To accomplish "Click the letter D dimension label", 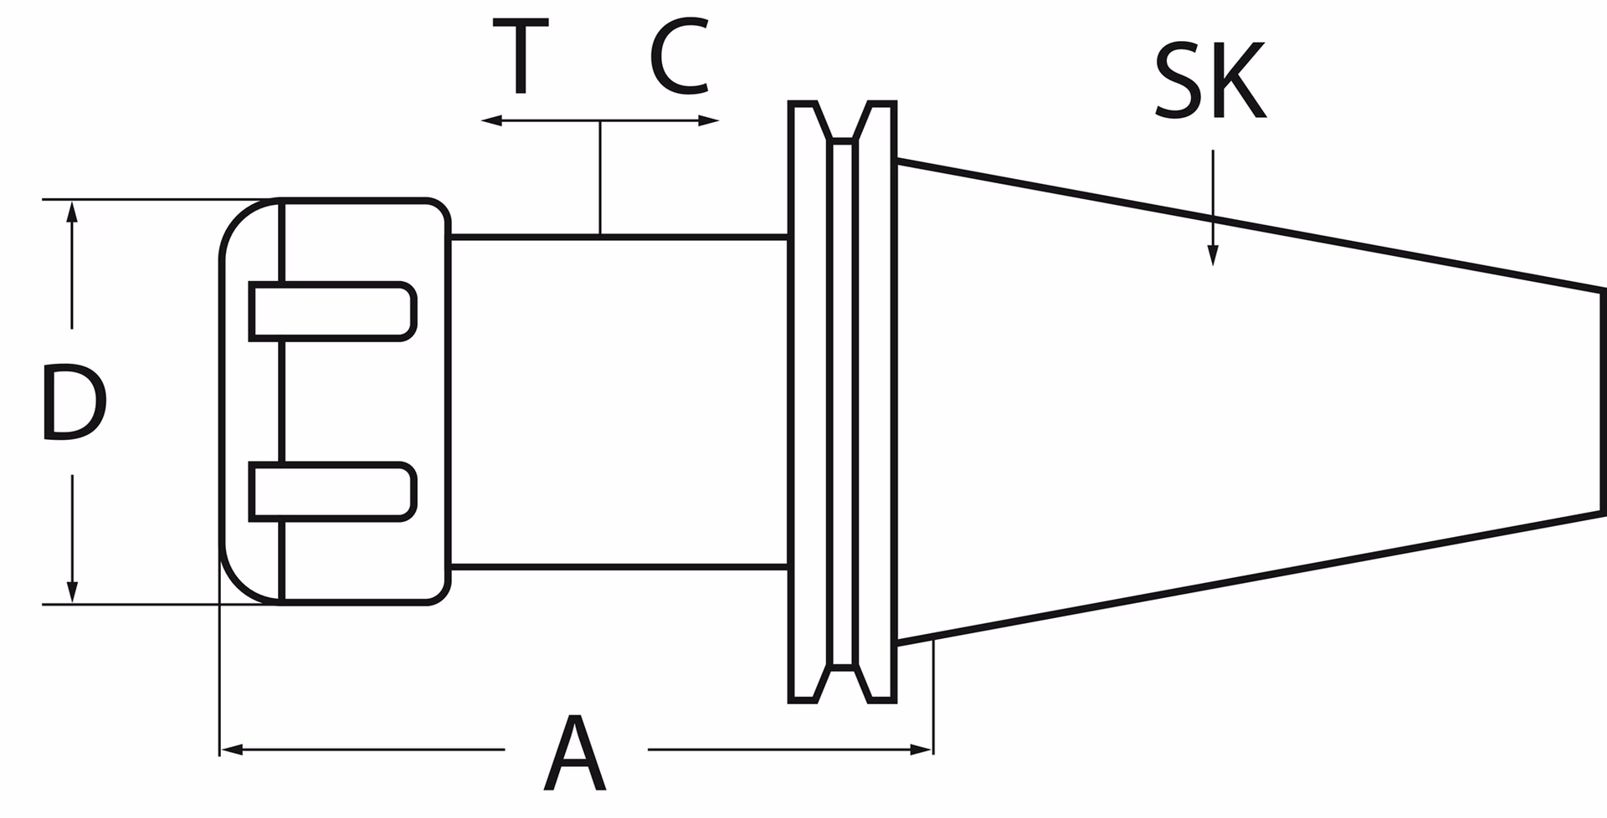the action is [x=74, y=402].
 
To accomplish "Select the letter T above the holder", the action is [x=520, y=57].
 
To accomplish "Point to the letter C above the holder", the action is [x=680, y=57].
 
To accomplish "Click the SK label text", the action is [x=1209, y=82].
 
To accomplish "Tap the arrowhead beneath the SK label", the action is [x=1213, y=255].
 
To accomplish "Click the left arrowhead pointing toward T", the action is [x=492, y=121].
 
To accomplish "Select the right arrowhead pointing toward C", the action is [x=708, y=121].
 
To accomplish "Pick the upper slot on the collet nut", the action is [x=332, y=311].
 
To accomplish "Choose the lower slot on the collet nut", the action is [x=332, y=492].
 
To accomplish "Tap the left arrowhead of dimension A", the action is [x=231, y=749].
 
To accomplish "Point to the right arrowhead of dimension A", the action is [x=922, y=749].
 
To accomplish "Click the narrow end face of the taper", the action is [x=1602, y=400].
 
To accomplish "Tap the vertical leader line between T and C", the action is [x=600, y=178].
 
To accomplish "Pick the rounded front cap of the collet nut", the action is [x=250, y=401].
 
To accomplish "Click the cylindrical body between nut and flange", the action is [x=619, y=402].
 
